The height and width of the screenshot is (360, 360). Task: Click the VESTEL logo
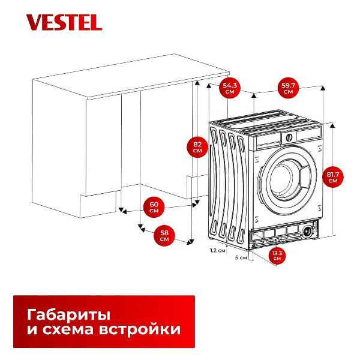(64, 23)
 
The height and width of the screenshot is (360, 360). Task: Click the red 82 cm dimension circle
(197, 148)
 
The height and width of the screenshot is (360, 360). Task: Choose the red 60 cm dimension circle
(154, 207)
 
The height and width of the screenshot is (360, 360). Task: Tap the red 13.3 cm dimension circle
(277, 255)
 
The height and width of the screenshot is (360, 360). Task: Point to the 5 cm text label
(241, 257)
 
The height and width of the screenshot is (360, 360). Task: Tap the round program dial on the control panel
(287, 137)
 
